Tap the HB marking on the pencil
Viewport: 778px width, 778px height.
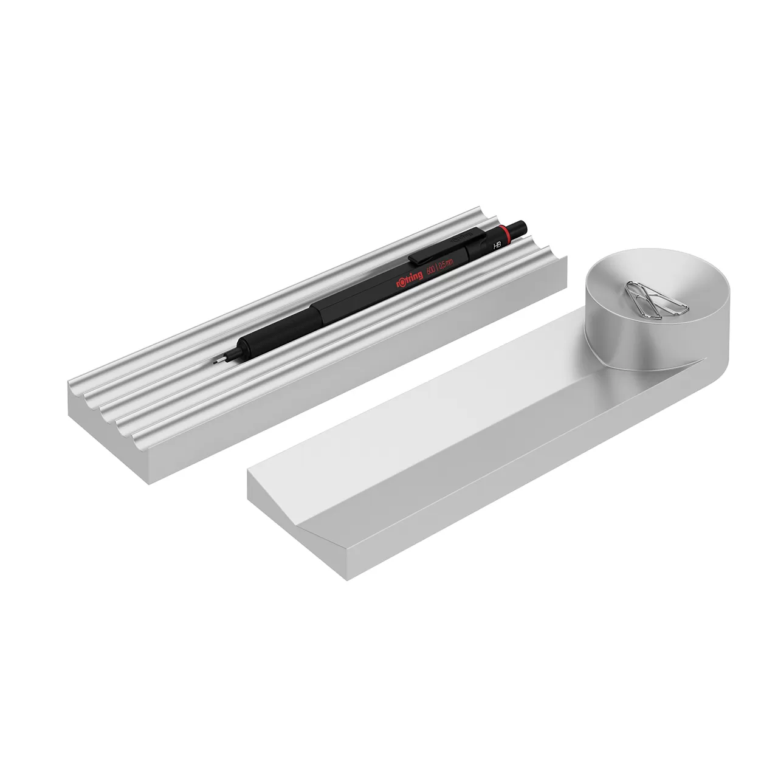[497, 246]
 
